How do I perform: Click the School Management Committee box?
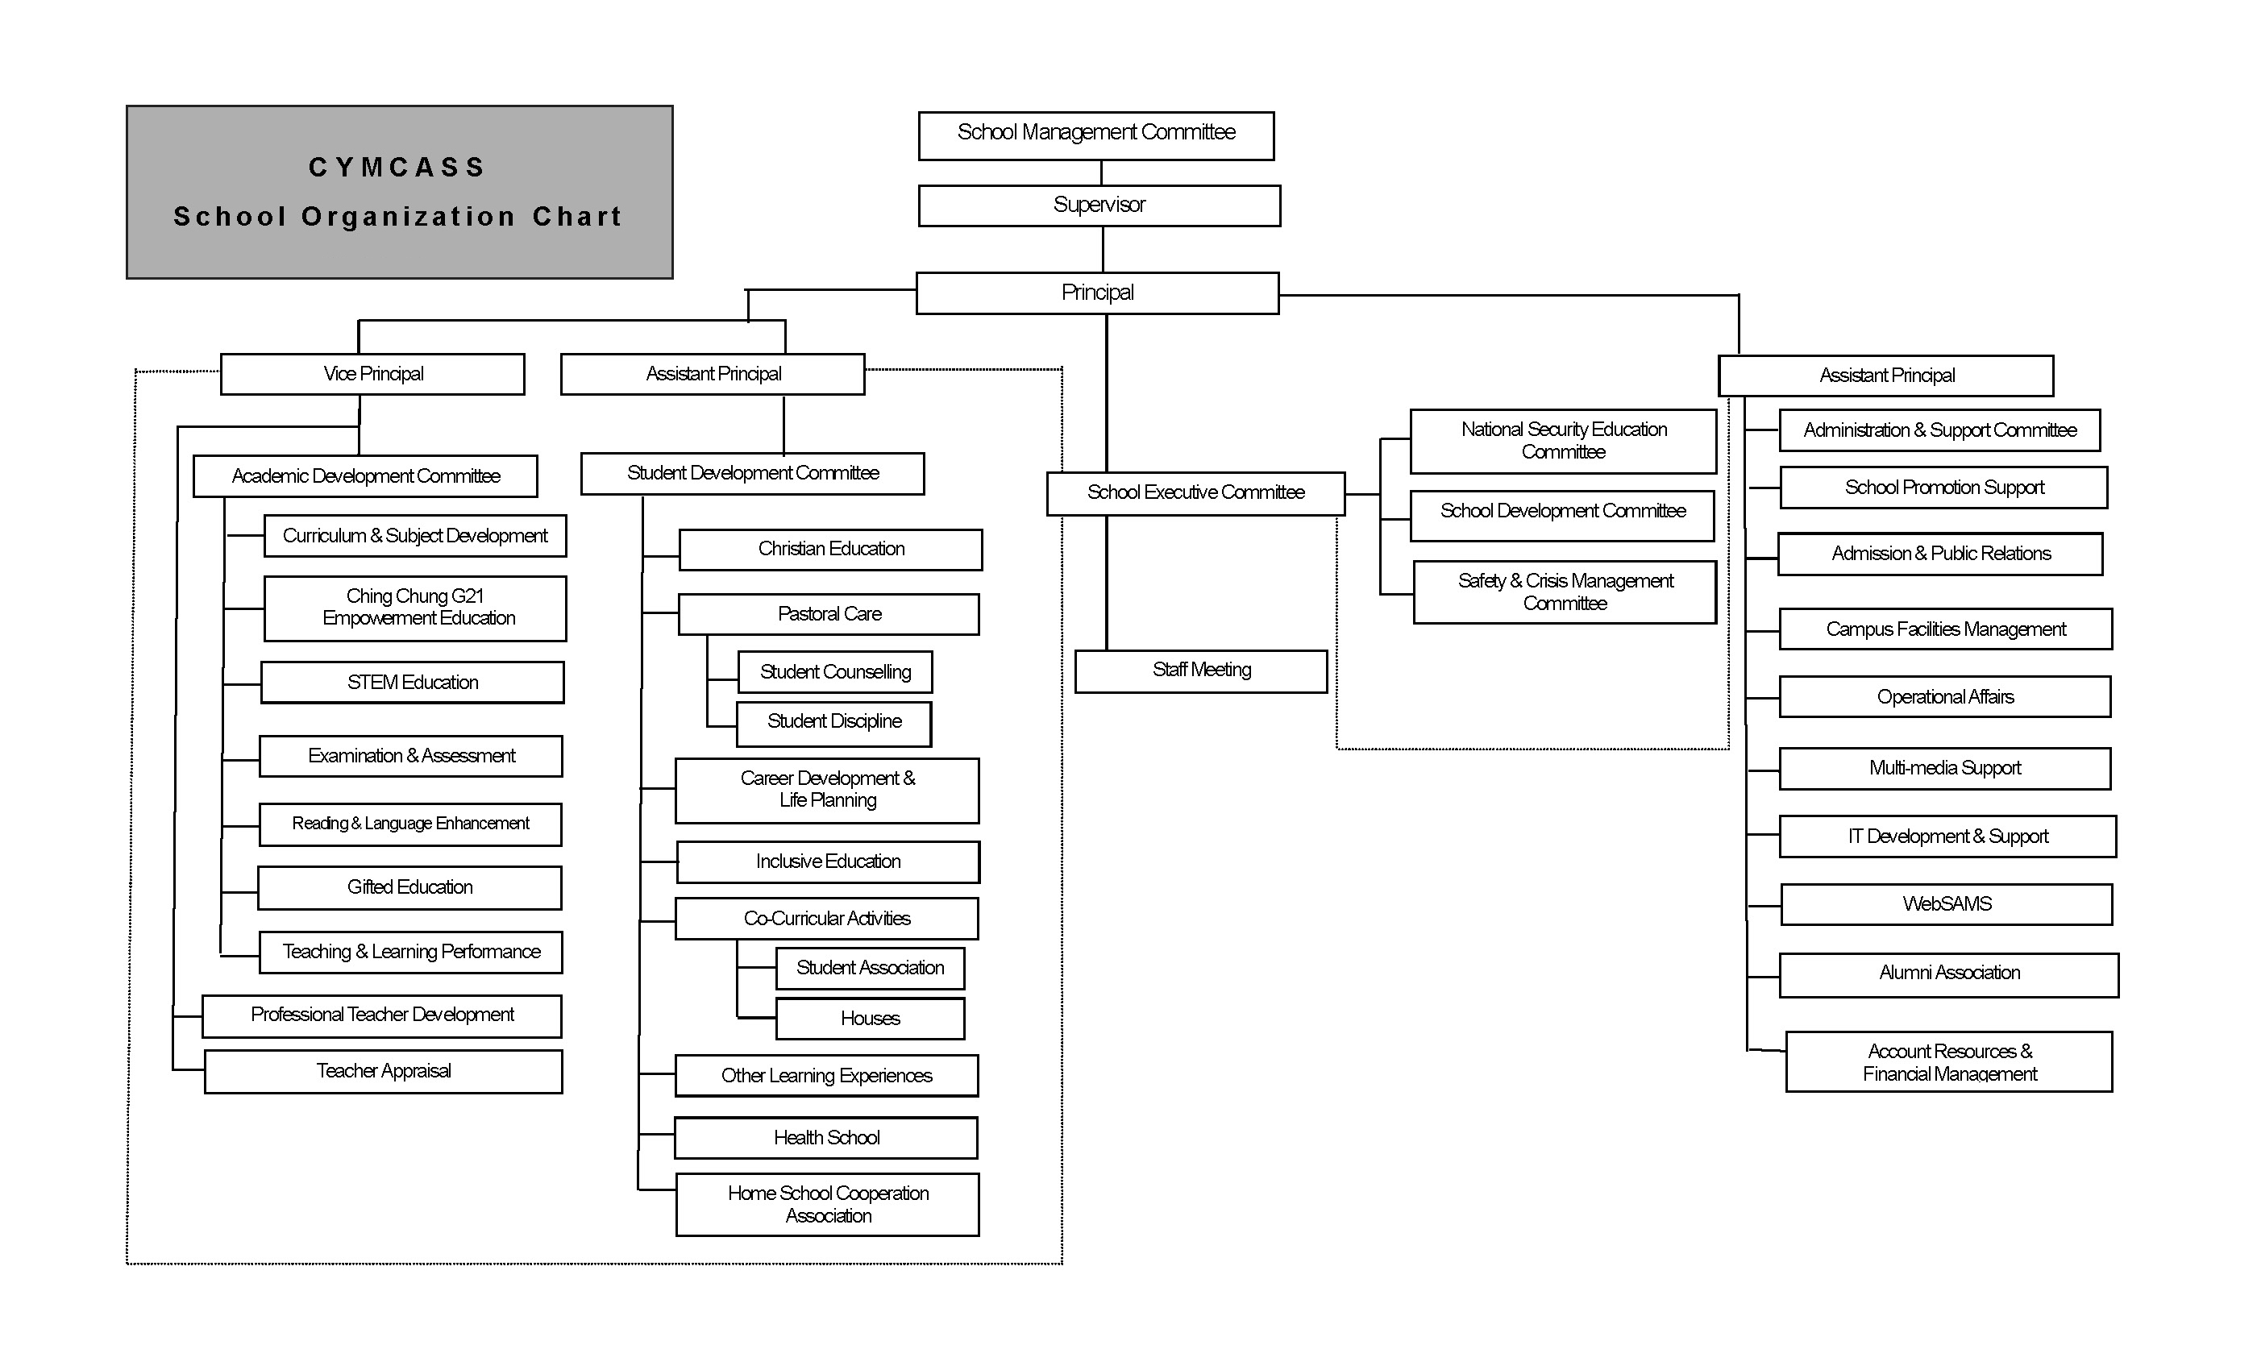coord(1095,135)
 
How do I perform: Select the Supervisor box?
coord(1099,205)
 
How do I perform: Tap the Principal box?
coord(1097,293)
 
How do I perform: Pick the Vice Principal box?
coord(372,374)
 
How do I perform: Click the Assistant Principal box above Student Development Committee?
coord(713,374)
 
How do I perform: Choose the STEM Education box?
coord(412,683)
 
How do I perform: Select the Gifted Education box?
coord(409,887)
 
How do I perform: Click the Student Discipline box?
coord(833,724)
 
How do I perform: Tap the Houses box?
coord(871,1019)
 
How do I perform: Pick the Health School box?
coord(826,1137)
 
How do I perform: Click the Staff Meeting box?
coord(1201,671)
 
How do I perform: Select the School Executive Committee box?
coord(1195,492)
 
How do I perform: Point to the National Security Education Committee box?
coord(1563,441)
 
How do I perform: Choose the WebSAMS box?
coord(1947,904)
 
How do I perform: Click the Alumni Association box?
coord(1948,974)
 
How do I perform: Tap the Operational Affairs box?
coord(1944,697)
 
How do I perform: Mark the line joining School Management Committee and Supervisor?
coord(1101,173)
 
